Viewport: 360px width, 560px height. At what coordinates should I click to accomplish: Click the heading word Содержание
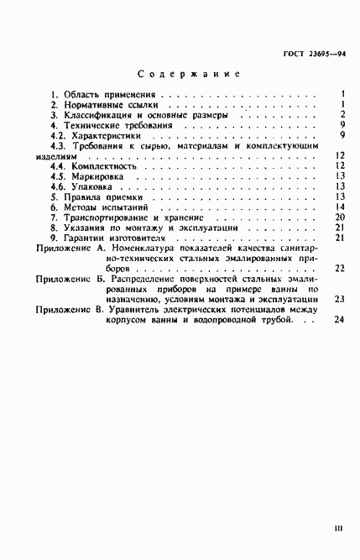pos(188,73)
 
